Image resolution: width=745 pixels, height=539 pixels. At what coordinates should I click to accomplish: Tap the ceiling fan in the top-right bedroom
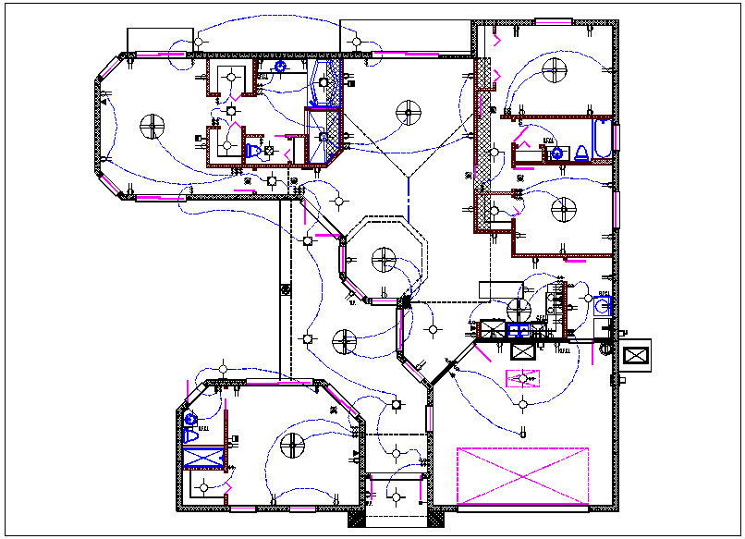[556, 67]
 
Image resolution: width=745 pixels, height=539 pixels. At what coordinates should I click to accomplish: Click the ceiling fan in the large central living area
[408, 113]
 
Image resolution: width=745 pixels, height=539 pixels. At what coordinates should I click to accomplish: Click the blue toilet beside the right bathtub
[581, 153]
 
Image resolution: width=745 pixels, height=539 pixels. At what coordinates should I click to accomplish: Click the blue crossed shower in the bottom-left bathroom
[204, 457]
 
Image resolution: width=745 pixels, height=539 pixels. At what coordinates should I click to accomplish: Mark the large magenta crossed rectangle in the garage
[522, 475]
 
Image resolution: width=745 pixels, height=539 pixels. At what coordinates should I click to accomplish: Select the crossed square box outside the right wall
[638, 355]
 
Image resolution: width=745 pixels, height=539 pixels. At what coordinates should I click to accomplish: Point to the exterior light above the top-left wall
[199, 42]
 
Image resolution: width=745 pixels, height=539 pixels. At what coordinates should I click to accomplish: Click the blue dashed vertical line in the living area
[408, 193]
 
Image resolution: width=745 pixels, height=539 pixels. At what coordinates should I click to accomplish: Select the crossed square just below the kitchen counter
[522, 350]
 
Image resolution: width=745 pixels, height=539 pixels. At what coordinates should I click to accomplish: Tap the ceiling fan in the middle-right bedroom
[561, 211]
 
